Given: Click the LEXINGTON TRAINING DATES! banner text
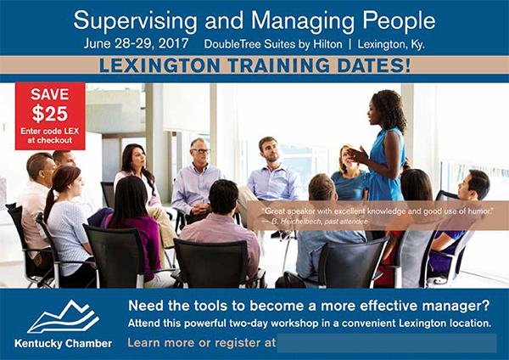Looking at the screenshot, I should [255, 65].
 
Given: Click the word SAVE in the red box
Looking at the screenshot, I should [49, 94].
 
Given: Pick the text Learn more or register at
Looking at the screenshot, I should [201, 343].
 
